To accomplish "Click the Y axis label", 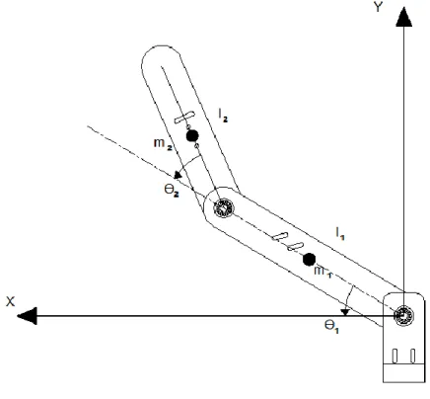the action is pos(379,7).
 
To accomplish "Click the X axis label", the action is pos(10,301).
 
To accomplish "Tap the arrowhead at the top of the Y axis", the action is pos(403,17).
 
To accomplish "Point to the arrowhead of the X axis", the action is pos(27,316).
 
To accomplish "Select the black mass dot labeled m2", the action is pos(192,135).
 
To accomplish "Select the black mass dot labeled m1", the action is pos(309,260).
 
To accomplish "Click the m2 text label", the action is pos(163,144).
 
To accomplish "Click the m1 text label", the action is pos(322,272).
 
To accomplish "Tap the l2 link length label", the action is pos(223,116).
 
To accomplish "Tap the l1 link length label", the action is pos(340,233).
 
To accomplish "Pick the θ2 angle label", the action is pos(172,191).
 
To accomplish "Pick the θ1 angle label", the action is pos(331,327).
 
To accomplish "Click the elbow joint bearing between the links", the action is pos(224,208).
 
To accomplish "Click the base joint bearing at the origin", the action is pos(403,316).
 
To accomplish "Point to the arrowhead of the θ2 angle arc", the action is pos(178,175).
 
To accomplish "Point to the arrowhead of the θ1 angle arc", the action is pos(345,312).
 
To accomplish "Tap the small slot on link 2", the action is pos(184,118).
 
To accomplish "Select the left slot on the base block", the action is pos(394,356).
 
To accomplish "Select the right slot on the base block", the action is pos(412,356).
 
